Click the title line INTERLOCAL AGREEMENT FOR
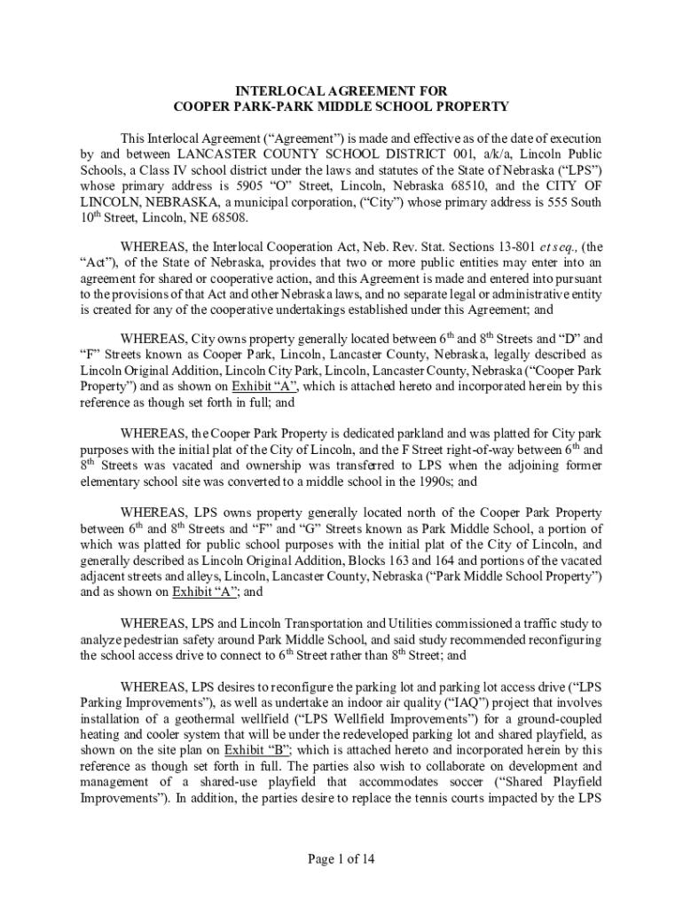pos(341,91)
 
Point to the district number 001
pos(455,154)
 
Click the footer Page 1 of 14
pos(341,858)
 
